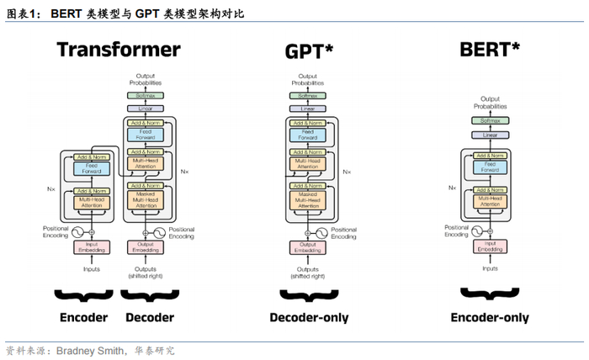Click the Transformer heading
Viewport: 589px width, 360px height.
(x=119, y=50)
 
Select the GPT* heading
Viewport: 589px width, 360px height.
(x=309, y=52)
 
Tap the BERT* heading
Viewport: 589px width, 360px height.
(x=489, y=50)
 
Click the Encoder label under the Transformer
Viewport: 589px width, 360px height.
(x=83, y=318)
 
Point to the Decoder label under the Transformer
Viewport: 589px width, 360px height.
(x=150, y=318)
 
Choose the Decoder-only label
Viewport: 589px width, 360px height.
(x=309, y=318)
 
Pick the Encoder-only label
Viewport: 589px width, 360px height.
(x=490, y=318)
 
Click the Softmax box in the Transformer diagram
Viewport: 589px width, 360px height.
(x=145, y=97)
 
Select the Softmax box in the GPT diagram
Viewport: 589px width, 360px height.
(x=309, y=97)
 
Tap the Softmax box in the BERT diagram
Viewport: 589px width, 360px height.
(x=490, y=120)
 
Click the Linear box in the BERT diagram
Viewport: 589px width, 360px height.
(x=490, y=135)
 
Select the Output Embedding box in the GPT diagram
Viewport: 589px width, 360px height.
(x=309, y=246)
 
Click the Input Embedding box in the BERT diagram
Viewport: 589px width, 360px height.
(x=490, y=246)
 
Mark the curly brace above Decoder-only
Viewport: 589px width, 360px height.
(x=309, y=294)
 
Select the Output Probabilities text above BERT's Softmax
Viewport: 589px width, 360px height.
(x=490, y=103)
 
